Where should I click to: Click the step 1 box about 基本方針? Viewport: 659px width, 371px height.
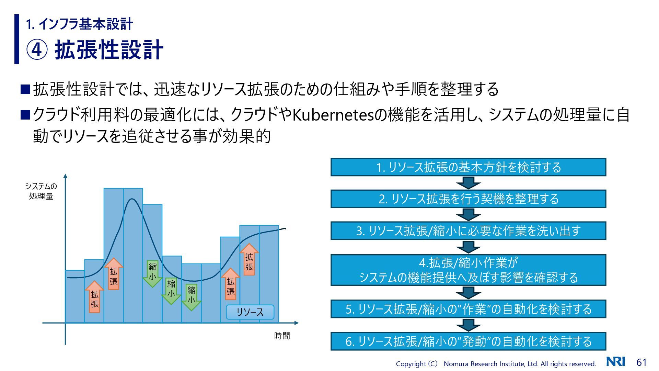pos(468,167)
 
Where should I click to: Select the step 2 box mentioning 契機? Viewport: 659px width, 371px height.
pos(468,199)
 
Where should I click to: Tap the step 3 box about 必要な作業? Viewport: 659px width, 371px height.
pos(468,231)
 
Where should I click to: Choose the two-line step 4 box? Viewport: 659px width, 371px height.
pos(468,270)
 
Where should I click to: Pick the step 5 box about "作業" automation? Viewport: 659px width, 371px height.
pos(468,309)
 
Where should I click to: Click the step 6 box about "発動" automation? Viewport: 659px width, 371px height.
pos(468,341)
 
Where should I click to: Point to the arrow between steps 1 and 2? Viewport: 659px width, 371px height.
pos(468,183)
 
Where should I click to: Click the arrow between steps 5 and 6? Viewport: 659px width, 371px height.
pos(468,325)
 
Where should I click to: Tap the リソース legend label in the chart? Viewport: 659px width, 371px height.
pos(250,312)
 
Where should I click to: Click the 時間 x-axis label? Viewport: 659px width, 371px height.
pos(282,336)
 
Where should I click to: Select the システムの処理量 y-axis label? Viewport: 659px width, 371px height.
pos(41,191)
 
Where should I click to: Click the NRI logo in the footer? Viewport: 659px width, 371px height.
pos(616,362)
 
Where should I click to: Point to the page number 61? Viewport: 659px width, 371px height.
pos(641,362)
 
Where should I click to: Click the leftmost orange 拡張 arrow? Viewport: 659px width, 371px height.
pos(94,297)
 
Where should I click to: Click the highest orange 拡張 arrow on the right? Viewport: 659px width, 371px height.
pos(249,260)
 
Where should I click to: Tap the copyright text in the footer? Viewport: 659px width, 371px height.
pos(496,364)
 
